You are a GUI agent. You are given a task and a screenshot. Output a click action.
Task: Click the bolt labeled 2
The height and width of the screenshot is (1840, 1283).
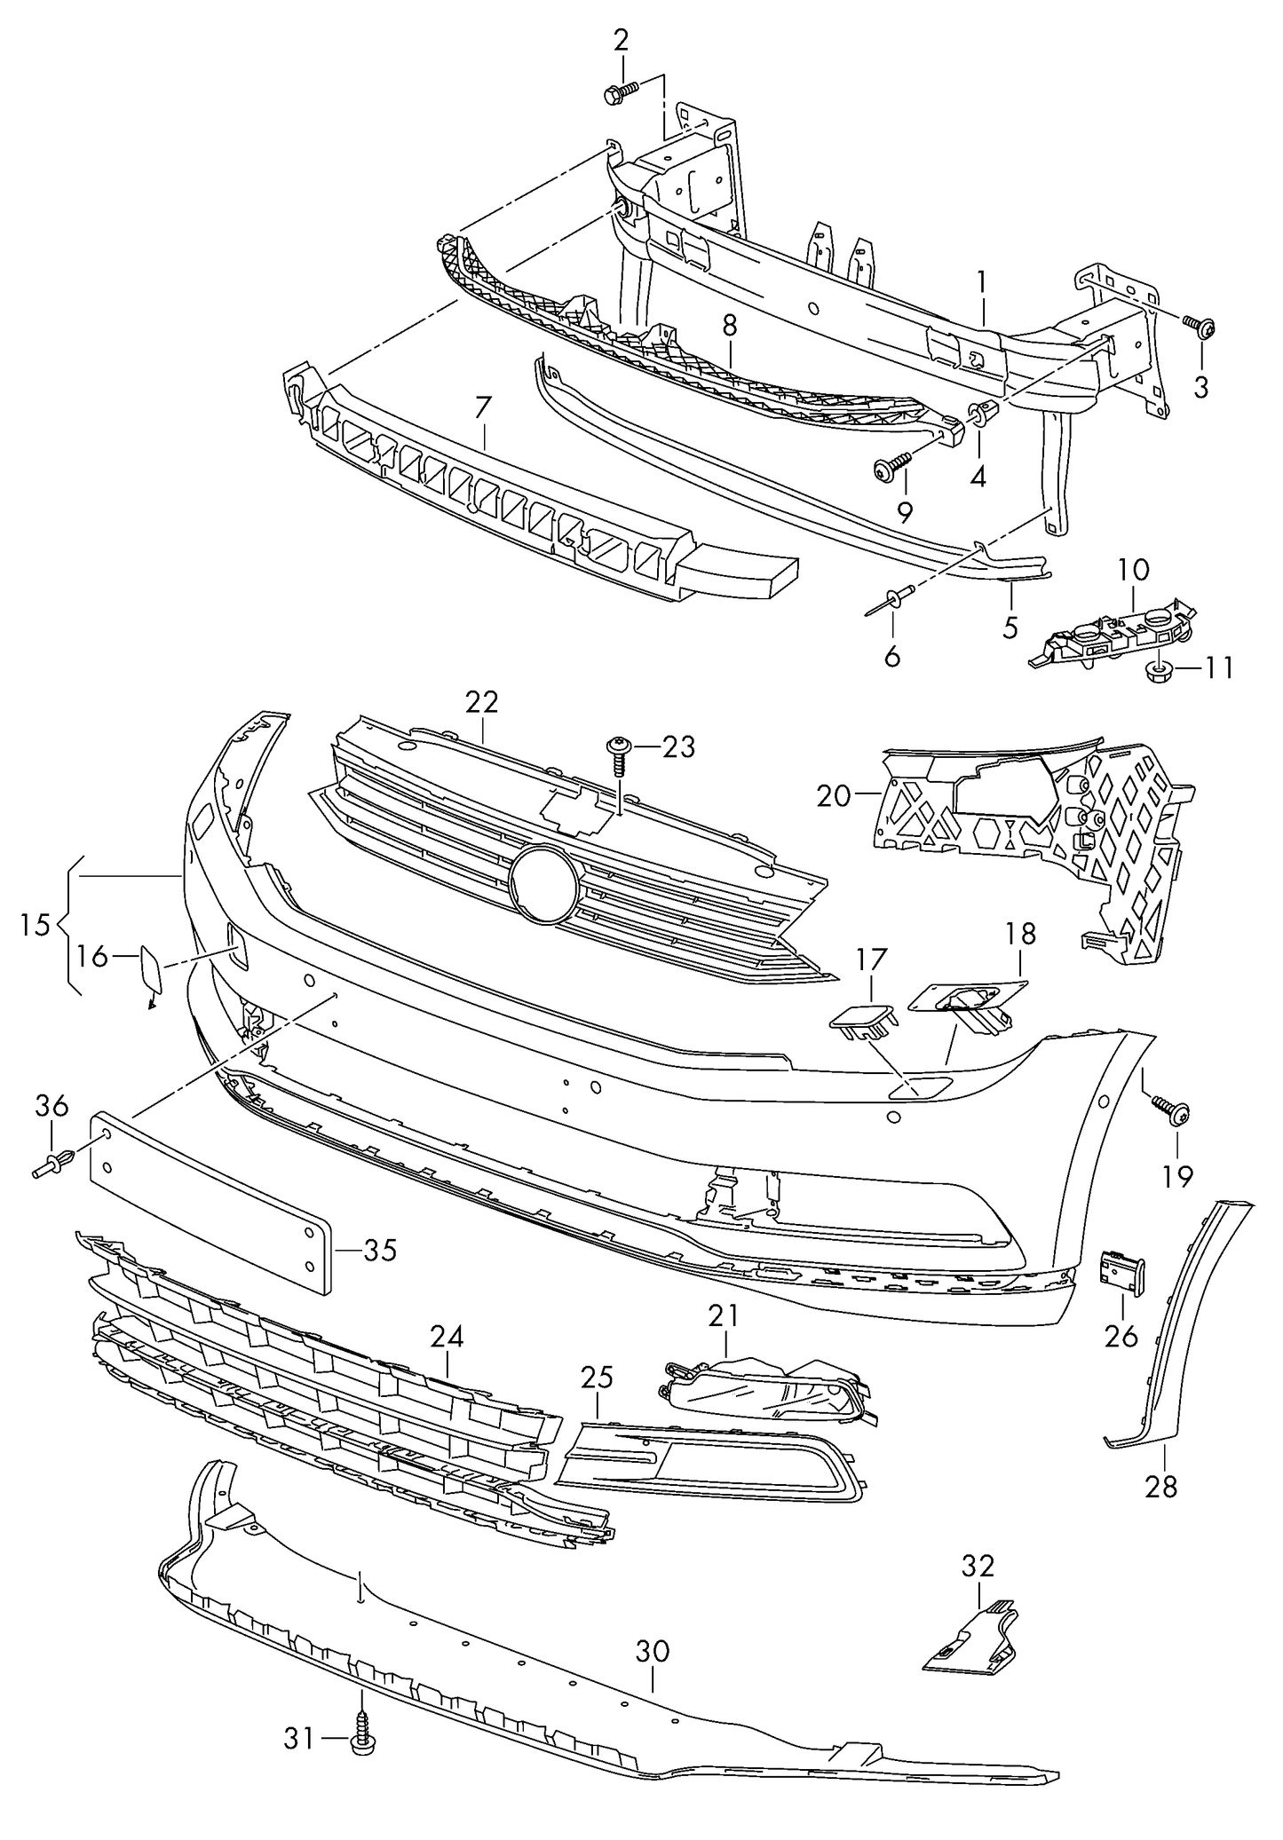point(620,92)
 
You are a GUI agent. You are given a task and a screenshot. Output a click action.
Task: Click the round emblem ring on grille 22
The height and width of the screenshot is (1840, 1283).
point(544,885)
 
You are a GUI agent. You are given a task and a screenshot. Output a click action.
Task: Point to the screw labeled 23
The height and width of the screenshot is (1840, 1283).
point(618,753)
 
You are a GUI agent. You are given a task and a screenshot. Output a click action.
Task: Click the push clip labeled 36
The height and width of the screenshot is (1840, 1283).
point(56,1165)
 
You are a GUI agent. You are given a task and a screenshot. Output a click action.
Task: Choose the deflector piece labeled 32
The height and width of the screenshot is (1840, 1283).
point(972,1643)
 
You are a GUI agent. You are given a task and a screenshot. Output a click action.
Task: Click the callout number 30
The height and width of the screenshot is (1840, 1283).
point(653,1652)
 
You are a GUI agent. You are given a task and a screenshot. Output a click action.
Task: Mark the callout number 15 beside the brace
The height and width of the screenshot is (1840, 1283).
point(36,925)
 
